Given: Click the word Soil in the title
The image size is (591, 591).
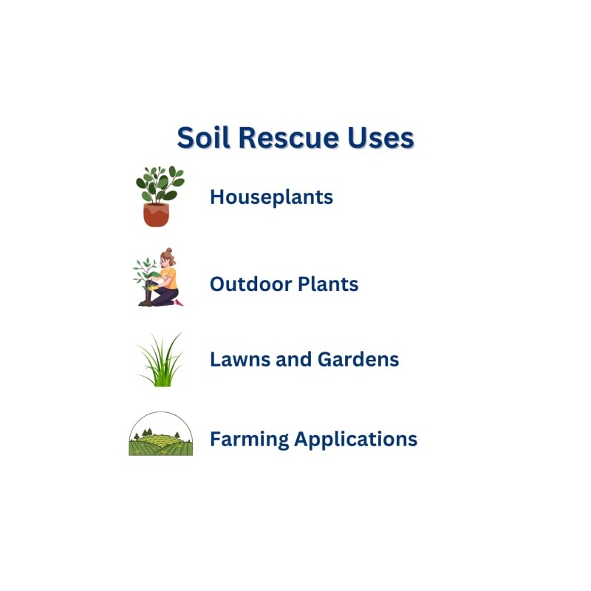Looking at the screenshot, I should coord(203,138).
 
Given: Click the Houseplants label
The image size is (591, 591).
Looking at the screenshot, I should coord(271,197).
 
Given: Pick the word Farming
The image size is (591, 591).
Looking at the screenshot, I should coord(249,440).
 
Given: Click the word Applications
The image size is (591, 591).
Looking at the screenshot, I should coord(355,440).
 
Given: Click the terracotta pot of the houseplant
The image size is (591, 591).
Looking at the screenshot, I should coord(156,214).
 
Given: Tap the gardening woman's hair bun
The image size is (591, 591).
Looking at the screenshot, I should coord(168,251).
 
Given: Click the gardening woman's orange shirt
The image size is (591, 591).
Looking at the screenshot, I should coord(169,277).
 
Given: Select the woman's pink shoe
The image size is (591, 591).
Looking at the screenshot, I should coord(178,301).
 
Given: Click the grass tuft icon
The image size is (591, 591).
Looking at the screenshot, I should coord(160,362).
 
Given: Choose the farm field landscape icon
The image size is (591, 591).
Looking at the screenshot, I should coord(160,436).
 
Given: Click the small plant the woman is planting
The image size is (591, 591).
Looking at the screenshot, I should coord(146,272).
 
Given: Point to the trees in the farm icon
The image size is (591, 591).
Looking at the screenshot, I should coord(146,432).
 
